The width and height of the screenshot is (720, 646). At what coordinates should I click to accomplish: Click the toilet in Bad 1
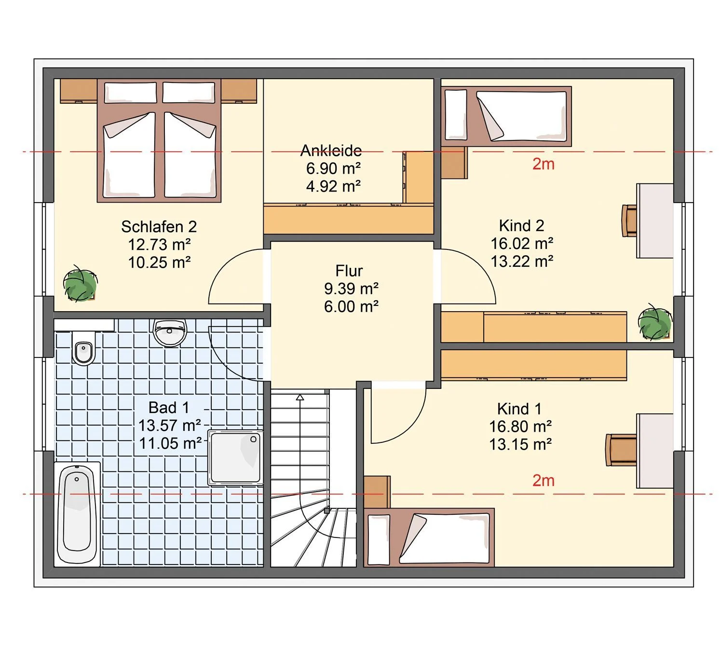pyautogui.click(x=83, y=348)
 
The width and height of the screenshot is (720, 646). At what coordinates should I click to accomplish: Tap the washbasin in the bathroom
pyautogui.click(x=170, y=332)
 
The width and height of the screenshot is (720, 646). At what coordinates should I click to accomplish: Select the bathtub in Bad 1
pyautogui.click(x=77, y=514)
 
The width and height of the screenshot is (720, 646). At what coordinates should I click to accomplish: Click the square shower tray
pyautogui.click(x=235, y=458)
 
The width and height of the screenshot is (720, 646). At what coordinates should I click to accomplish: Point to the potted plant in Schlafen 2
pyautogui.click(x=81, y=284)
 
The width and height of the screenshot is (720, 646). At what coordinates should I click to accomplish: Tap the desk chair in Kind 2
pyautogui.click(x=629, y=220)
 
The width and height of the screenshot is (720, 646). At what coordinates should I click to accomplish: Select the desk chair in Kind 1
pyautogui.click(x=621, y=450)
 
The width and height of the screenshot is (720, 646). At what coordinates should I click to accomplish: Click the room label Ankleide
pyautogui.click(x=331, y=151)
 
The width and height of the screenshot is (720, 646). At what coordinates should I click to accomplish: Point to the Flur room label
pyautogui.click(x=349, y=271)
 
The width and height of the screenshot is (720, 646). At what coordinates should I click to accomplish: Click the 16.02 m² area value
pyautogui.click(x=522, y=244)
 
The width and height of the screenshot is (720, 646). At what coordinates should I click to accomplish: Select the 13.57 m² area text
pyautogui.click(x=170, y=425)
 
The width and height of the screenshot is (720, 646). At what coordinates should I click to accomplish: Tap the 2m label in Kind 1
pyautogui.click(x=543, y=481)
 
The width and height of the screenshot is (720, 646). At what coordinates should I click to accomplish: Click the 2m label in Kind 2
pyautogui.click(x=543, y=164)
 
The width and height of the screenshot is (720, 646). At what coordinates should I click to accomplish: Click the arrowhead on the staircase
pyautogui.click(x=300, y=397)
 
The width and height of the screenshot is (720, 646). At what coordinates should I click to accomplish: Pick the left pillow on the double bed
pyautogui.click(x=130, y=93)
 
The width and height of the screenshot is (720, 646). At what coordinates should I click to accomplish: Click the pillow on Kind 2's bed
pyautogui.click(x=456, y=114)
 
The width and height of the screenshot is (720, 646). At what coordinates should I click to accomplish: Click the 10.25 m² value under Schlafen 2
pyautogui.click(x=159, y=262)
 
